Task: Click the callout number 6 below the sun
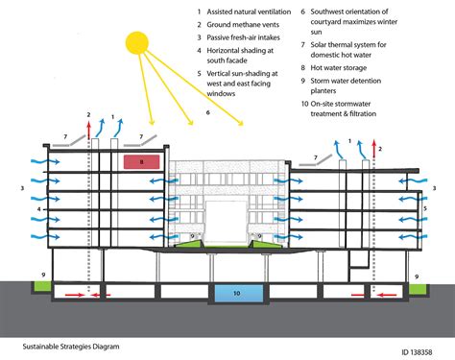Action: (x=206, y=112)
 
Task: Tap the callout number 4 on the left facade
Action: (x=38, y=208)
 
